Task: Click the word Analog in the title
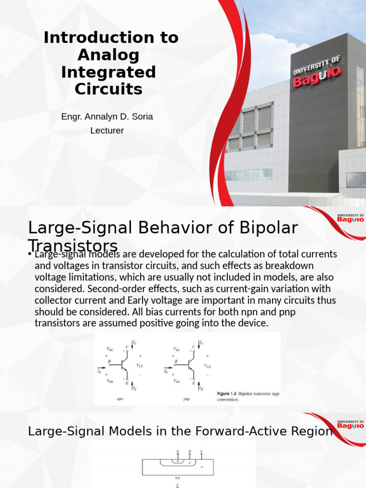(x=108, y=55)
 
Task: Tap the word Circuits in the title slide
(x=108, y=89)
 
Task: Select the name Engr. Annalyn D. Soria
(x=107, y=116)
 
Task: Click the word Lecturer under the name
(x=107, y=131)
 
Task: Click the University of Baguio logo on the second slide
(x=351, y=218)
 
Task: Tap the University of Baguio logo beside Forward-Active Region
(x=351, y=424)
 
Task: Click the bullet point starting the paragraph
(x=30, y=254)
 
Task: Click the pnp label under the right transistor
(x=186, y=399)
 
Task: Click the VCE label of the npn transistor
(x=141, y=366)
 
